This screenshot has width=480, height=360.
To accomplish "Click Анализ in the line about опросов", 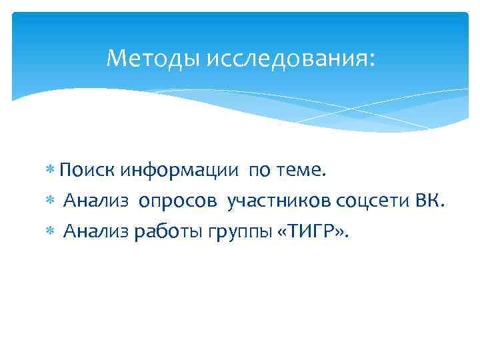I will (x=98, y=201).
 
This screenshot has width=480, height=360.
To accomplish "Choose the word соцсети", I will (x=375, y=201).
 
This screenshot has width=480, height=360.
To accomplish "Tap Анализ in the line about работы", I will (x=98, y=232).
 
